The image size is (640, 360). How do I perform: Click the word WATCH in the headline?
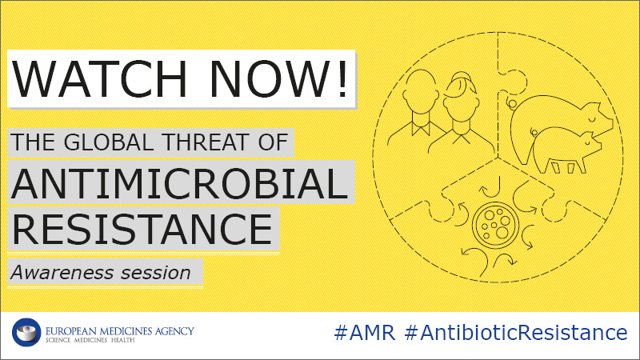(99, 78)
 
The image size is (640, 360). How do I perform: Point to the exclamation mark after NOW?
(342, 78)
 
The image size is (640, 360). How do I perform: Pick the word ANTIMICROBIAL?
(179, 183)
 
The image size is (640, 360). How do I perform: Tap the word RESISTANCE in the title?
(142, 229)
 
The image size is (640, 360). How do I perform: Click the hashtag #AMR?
(365, 332)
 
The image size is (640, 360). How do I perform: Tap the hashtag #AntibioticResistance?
(516, 332)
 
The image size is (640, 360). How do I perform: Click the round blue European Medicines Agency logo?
(26, 332)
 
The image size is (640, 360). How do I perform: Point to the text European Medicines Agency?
(119, 330)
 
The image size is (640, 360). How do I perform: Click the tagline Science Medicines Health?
(90, 340)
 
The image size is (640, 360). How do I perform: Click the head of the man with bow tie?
(421, 93)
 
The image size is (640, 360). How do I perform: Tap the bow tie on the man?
(421, 128)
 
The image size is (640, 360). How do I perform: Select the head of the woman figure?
(462, 98)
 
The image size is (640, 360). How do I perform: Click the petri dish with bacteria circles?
(495, 225)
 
